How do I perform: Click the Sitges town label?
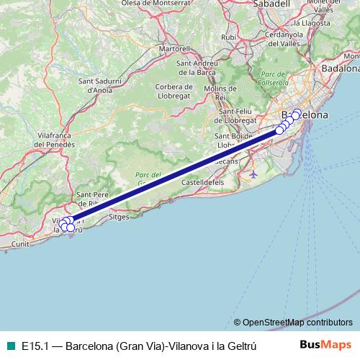118,215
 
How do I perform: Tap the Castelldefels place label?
202,184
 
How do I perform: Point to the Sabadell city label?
271,4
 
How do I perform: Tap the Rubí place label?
230,37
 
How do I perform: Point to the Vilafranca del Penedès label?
32,139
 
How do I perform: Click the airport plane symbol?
252,174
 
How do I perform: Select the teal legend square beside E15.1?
8,345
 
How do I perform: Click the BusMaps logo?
325,345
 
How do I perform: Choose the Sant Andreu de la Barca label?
198,68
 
